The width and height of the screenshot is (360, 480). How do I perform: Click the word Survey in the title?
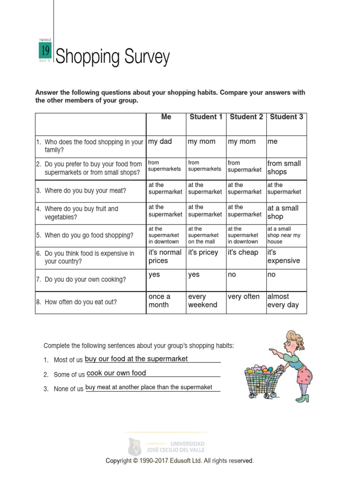pos(147,58)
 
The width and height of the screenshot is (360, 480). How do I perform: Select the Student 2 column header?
pos(246,117)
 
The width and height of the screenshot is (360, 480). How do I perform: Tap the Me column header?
pos(166,117)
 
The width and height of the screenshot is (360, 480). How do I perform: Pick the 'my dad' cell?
pos(160,142)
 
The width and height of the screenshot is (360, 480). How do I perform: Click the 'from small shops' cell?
pos(284,167)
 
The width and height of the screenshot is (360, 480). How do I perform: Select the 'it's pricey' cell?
pos(203,253)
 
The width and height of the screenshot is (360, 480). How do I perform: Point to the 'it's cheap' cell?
pos(243,253)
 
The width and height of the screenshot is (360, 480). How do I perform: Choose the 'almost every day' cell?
pos(283,301)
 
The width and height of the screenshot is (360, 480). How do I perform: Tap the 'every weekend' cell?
pos(202,301)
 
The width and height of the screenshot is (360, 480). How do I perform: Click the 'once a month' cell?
pos(159,301)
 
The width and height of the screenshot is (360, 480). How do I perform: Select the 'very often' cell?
pos(243,297)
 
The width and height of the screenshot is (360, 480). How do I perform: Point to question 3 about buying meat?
pos(85,191)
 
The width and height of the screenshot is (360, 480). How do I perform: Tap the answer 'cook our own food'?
pos(116,373)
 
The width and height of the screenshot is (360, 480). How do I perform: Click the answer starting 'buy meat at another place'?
pos(149,387)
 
